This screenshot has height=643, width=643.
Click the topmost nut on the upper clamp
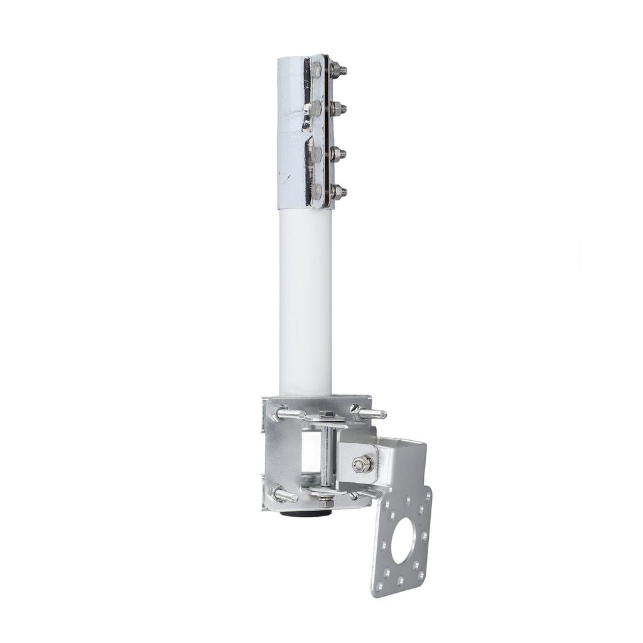click(x=337, y=69)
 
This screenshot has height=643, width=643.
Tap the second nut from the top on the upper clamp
click(x=337, y=109)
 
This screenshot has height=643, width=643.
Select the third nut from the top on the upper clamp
click(x=337, y=153)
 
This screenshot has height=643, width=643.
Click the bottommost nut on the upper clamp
click(x=337, y=191)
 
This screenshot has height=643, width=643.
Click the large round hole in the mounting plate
click(x=403, y=541)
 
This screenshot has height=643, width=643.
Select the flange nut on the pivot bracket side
click(x=362, y=464)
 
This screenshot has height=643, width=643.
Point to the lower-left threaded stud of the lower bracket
click(x=284, y=494)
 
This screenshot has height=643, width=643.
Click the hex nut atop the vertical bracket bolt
click(x=327, y=415)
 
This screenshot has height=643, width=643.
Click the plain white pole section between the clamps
click(x=305, y=301)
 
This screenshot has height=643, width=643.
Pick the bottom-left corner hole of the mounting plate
click(x=379, y=586)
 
